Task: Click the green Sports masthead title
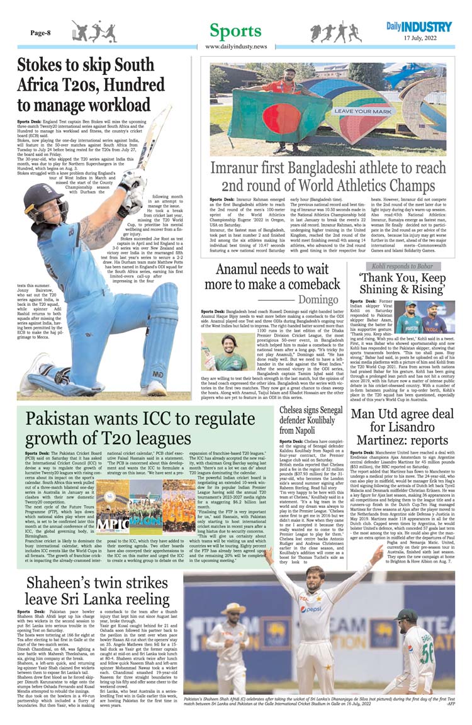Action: (x=235, y=31)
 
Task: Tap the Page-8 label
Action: (x=40, y=33)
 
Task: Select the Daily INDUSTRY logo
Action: (x=419, y=27)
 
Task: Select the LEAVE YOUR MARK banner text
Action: (x=364, y=111)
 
